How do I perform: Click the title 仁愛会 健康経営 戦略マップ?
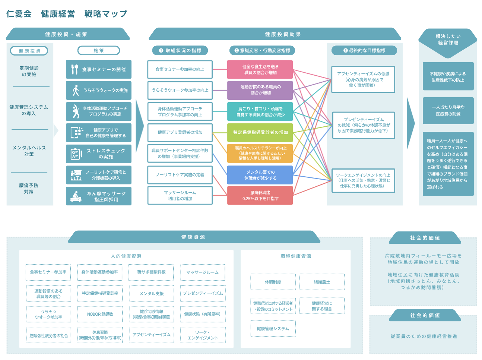67,14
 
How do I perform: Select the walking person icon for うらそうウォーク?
76,90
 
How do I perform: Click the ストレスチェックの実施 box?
99,154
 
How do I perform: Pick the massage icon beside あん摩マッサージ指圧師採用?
76,196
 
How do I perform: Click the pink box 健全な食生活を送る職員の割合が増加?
260,69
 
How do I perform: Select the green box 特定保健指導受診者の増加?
260,132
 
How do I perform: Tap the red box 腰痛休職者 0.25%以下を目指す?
260,195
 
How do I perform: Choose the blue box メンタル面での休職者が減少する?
260,175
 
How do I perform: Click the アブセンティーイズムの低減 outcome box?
363,79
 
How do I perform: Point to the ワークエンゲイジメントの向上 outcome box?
363,180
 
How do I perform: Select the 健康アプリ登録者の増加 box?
180,132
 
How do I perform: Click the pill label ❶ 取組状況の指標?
180,50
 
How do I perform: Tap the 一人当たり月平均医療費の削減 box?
448,111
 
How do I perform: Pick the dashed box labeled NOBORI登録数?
100,314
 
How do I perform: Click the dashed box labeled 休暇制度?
273,282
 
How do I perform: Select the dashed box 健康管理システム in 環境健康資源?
273,329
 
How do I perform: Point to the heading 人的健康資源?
126,256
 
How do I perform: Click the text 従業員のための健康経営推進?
424,336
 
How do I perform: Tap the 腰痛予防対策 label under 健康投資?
29,189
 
